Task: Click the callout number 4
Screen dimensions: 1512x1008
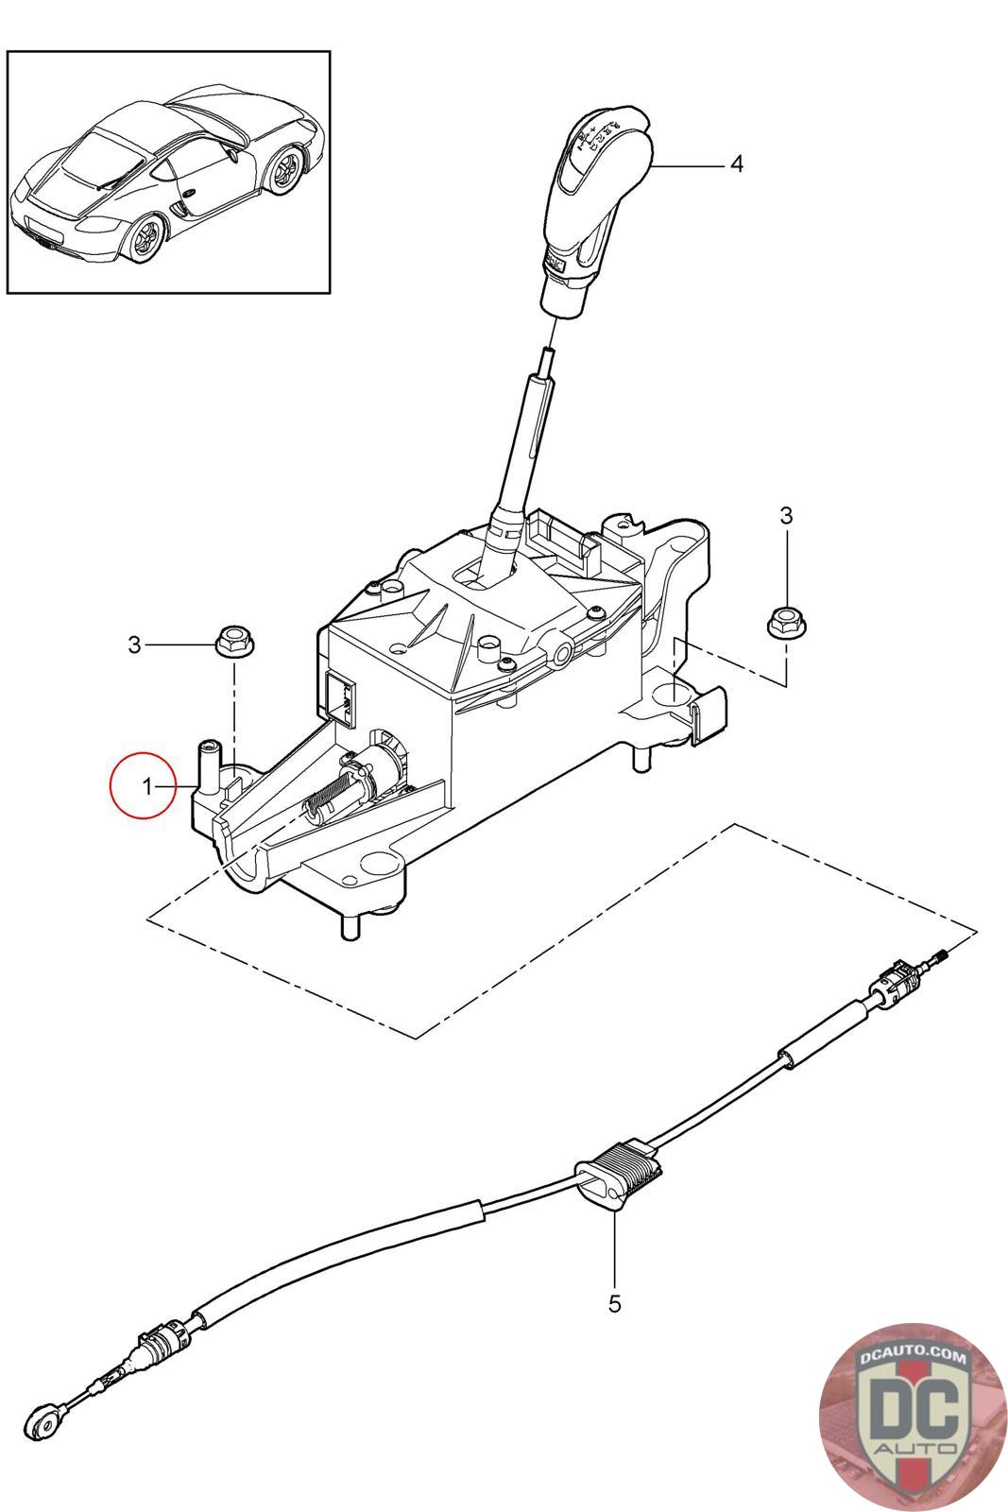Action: click(736, 164)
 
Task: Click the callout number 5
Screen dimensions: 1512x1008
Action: click(614, 1305)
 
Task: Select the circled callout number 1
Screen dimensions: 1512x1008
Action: click(145, 785)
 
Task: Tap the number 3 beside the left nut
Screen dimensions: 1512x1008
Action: click(134, 644)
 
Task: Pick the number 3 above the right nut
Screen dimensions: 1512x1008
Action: click(786, 515)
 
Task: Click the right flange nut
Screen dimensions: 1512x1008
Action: click(779, 622)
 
